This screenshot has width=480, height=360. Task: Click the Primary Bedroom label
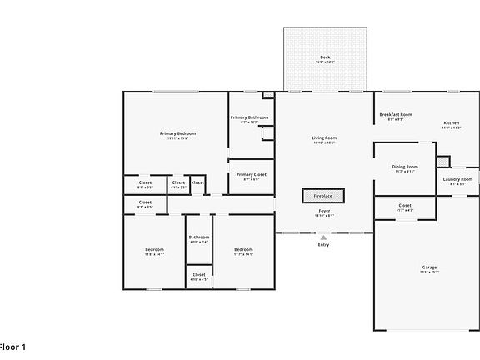coord(178,133)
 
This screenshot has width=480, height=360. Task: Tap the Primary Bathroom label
coord(249,117)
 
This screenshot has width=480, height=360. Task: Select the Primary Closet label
coord(251,174)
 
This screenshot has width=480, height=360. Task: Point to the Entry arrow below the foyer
coord(323,237)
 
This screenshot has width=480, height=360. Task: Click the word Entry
coord(323,245)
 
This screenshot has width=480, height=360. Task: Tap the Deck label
coord(326,57)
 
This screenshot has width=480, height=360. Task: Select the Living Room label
coord(324,137)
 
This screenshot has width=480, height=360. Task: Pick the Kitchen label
coord(451,122)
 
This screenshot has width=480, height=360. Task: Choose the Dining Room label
coord(405,167)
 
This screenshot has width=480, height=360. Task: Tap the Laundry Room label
coord(457,179)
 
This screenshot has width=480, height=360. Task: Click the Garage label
coord(428,267)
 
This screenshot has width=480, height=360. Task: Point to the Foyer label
coord(324,211)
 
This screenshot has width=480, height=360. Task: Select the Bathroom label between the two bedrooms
coord(199,237)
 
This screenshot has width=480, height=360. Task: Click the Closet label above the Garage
coord(405,205)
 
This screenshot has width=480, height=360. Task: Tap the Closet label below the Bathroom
coord(199,274)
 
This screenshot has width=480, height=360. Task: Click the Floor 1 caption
coord(12,346)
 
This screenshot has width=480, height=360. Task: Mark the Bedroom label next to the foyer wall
coord(243,250)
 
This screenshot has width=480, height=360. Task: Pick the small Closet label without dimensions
coord(197,182)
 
